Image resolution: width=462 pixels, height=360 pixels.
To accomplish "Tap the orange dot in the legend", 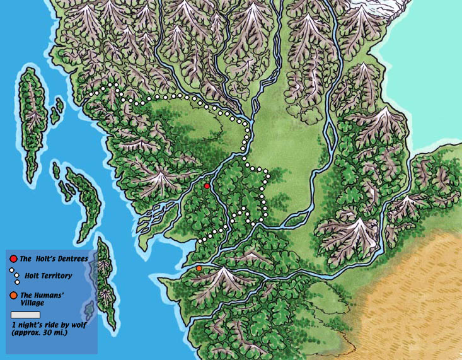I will click(14, 296).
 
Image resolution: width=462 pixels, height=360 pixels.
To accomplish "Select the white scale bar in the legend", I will click(26, 314).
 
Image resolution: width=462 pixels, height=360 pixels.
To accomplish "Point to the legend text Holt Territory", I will click(49, 276).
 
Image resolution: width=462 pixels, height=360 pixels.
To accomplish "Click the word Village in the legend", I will click(33, 303).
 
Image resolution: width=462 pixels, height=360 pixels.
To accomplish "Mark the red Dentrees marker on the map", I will click(207, 186).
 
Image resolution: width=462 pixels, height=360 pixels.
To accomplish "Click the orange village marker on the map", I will click(199, 269).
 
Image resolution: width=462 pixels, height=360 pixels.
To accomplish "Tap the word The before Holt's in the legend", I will click(26, 259).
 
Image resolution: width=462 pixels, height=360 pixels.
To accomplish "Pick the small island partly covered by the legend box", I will click(90, 308).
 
